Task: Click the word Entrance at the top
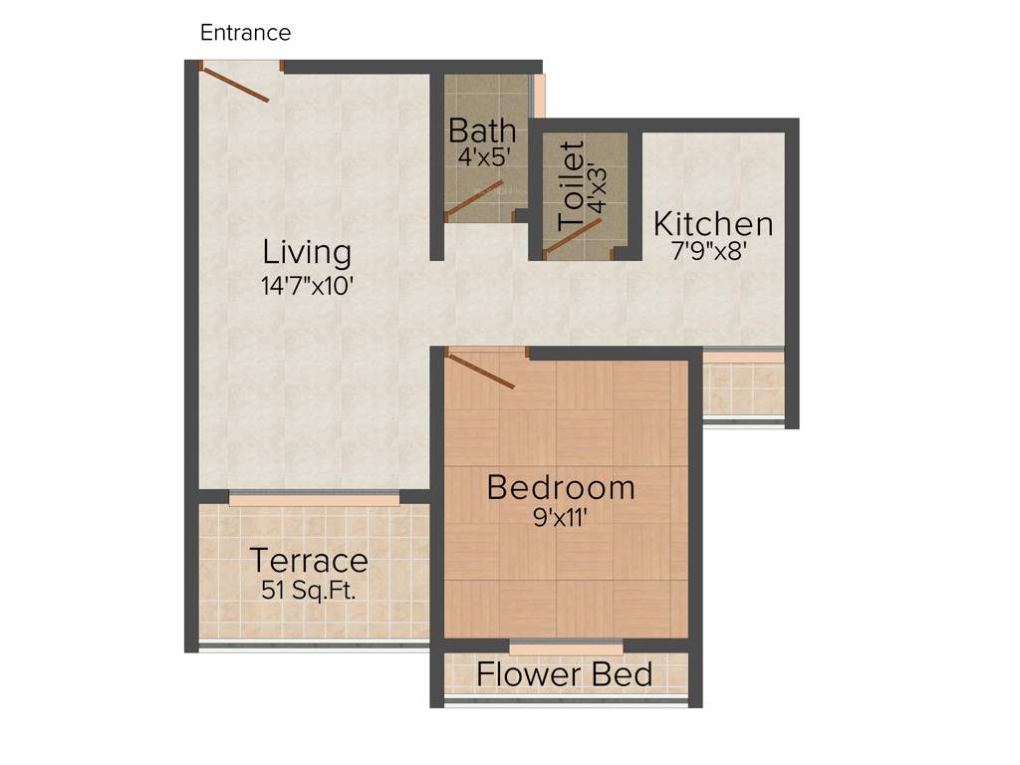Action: coord(245,33)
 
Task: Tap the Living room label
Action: coord(307,252)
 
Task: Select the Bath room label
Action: coord(482,130)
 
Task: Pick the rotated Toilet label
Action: coord(571,186)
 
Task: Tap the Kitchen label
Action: coord(712,224)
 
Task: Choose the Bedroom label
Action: coord(561,488)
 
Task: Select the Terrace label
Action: coord(309,561)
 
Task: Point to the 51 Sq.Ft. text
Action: coord(309,589)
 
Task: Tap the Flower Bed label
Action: coord(564,674)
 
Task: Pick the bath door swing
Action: coord(473,199)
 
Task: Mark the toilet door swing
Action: coord(575,237)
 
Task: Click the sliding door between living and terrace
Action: coord(314,497)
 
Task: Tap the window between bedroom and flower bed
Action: coord(566,647)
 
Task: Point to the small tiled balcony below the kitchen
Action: coord(743,389)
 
